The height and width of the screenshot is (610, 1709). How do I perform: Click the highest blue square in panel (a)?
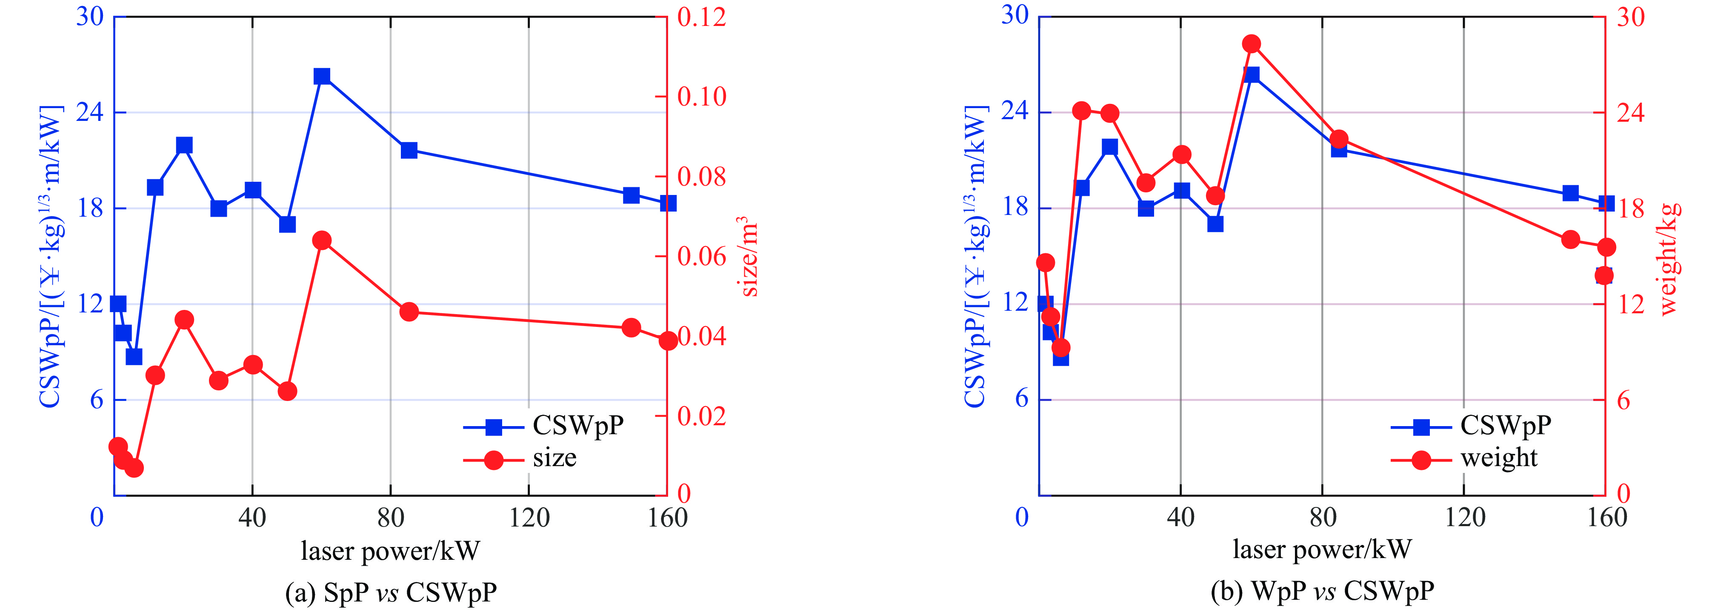(x=322, y=76)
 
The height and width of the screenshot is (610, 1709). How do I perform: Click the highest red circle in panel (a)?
(x=322, y=240)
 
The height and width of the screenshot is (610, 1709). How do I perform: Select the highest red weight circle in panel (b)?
(x=1251, y=44)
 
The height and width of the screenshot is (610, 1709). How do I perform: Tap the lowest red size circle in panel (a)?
(x=134, y=468)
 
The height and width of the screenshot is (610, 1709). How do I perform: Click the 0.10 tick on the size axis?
(x=701, y=97)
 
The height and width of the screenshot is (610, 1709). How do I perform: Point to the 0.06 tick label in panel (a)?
(x=701, y=256)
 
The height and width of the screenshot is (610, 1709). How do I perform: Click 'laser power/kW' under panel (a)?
(x=390, y=551)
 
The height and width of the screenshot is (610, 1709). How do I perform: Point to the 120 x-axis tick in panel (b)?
(x=1465, y=517)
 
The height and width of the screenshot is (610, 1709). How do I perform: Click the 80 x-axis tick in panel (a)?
(x=391, y=517)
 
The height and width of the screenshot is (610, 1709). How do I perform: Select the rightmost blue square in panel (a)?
(x=668, y=203)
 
